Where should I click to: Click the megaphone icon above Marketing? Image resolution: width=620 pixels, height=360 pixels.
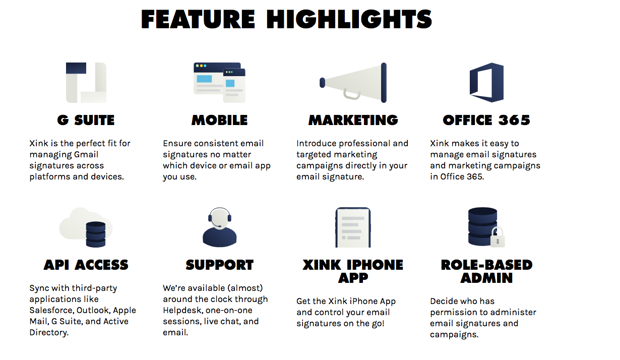pos(353,83)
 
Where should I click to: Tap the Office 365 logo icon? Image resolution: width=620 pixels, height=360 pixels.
pos(486,83)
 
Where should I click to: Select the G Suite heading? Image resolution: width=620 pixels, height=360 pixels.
pos(86,120)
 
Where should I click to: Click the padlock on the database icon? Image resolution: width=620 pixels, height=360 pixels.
pos(498,237)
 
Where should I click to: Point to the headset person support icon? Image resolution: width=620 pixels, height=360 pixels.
pos(219,227)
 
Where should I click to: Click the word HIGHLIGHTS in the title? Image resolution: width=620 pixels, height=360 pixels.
pos(349,19)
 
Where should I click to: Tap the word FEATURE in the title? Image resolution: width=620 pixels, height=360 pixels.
pos(198,19)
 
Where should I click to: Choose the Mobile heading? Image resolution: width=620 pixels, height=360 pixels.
pos(219,120)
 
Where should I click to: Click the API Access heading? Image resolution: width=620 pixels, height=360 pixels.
pos(86,265)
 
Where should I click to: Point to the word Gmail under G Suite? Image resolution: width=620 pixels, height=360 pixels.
pos(86,154)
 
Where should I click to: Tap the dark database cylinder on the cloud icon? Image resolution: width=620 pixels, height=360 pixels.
pos(96,234)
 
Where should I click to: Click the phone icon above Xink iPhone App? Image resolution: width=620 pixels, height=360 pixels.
pos(353,227)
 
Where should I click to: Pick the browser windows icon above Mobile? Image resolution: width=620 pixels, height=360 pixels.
pos(219,83)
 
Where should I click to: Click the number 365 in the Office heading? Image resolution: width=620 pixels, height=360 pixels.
pos(514,120)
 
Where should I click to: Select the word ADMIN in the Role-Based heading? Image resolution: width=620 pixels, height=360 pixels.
pos(486,278)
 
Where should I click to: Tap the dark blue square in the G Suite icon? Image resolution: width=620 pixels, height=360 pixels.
pos(76,68)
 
